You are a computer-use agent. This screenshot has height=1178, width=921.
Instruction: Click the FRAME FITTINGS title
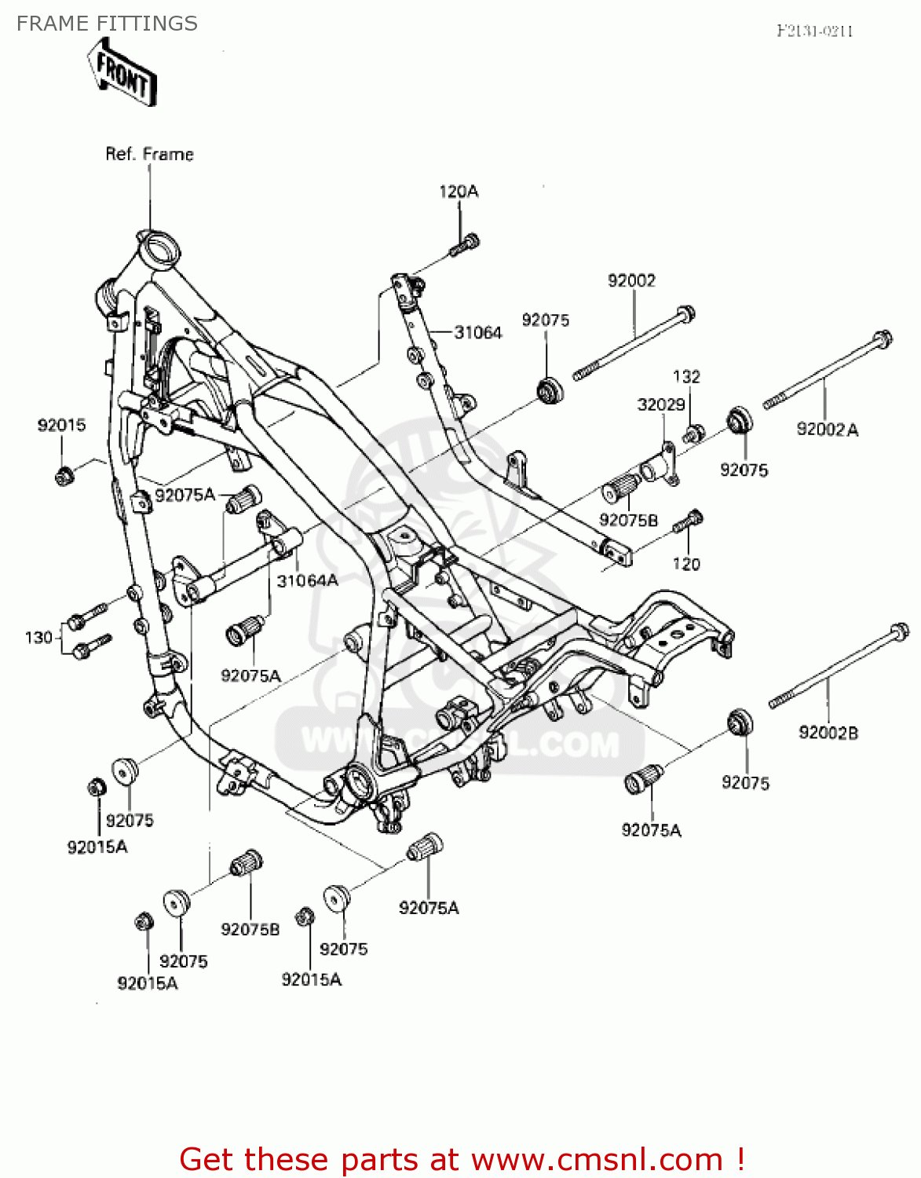click(107, 24)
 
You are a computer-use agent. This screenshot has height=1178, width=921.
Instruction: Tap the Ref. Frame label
click(149, 154)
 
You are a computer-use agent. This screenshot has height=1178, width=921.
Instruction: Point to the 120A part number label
click(459, 192)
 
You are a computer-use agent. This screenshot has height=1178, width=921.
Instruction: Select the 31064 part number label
click(478, 332)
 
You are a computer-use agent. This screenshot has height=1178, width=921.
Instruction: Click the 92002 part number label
click(631, 280)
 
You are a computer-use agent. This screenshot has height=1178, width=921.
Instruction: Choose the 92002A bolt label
click(827, 429)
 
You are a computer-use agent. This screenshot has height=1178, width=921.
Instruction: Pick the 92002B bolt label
click(828, 732)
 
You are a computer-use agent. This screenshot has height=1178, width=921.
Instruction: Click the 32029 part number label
click(660, 404)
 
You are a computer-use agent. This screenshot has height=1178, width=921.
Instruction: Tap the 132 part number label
click(686, 376)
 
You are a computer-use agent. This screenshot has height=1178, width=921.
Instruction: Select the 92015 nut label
click(61, 425)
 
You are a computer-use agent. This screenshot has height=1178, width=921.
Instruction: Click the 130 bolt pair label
click(38, 637)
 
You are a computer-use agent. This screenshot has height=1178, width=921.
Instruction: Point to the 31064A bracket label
click(307, 580)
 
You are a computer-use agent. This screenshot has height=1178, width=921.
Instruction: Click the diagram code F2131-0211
click(814, 31)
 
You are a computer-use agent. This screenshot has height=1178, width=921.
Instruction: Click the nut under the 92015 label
click(64, 474)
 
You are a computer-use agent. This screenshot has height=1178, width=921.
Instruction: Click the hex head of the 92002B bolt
click(899, 631)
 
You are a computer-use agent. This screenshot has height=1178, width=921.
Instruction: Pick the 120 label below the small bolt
click(686, 564)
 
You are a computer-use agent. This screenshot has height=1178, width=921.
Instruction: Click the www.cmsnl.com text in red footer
click(597, 1159)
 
